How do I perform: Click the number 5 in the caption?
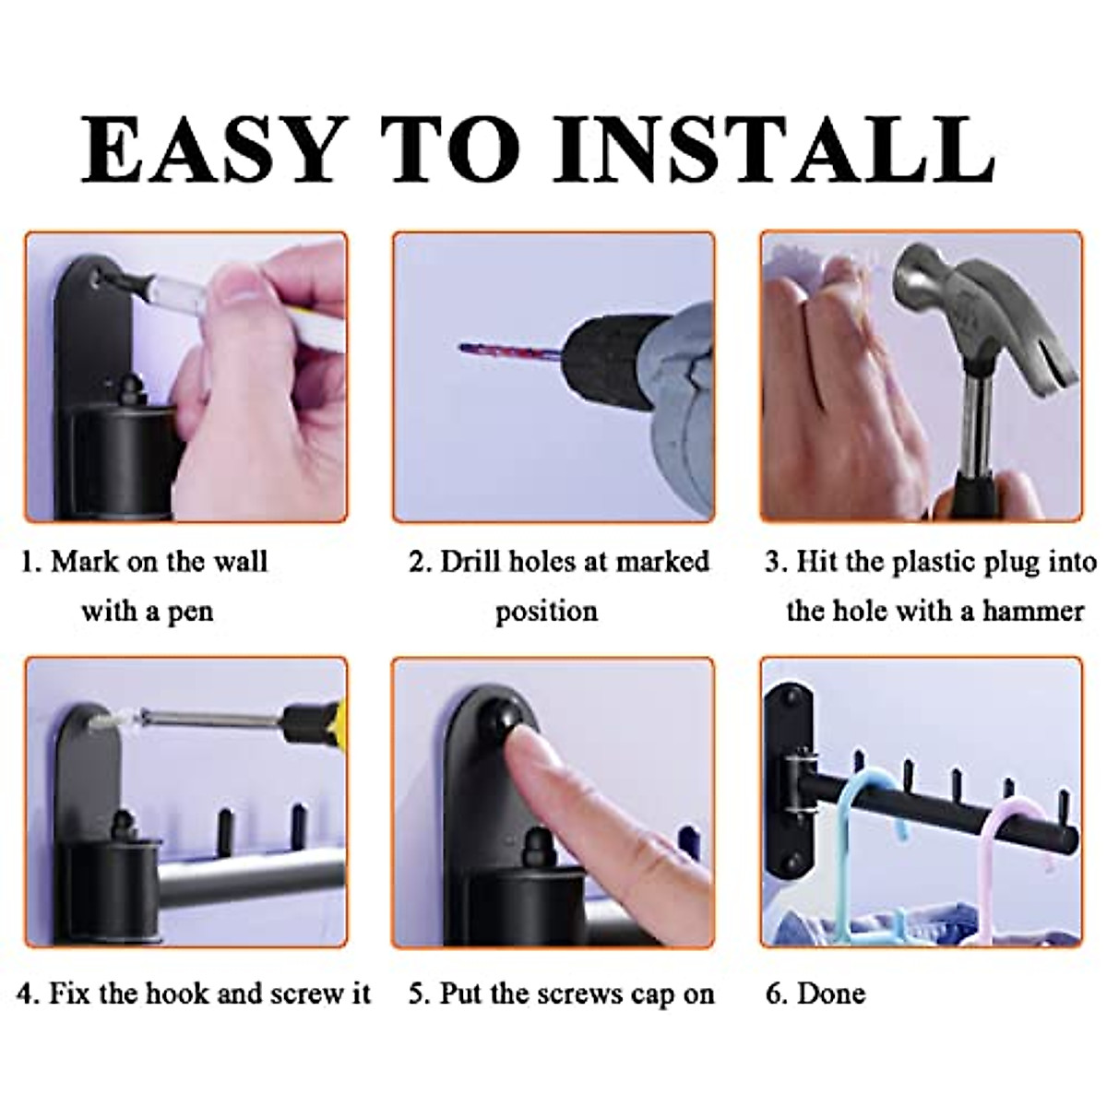418,994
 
